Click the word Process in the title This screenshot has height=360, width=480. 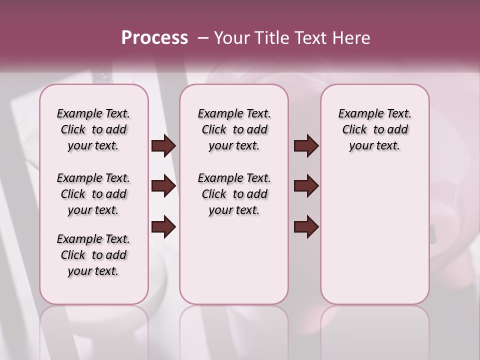(154, 37)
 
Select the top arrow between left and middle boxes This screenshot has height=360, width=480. (163, 146)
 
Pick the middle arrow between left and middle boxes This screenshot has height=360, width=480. (163, 186)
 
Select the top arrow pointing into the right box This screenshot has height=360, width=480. (306, 146)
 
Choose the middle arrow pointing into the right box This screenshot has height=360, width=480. (306, 186)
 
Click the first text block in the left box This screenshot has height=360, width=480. (93, 129)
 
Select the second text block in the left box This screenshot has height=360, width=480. (93, 194)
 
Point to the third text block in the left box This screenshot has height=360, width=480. (93, 255)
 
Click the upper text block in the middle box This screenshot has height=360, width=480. (234, 129)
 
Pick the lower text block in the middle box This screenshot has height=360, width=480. (234, 194)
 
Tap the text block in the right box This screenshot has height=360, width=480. (375, 129)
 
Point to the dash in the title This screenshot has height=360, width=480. (202, 37)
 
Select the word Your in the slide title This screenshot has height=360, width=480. (232, 37)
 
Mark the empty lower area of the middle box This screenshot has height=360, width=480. (234, 260)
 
